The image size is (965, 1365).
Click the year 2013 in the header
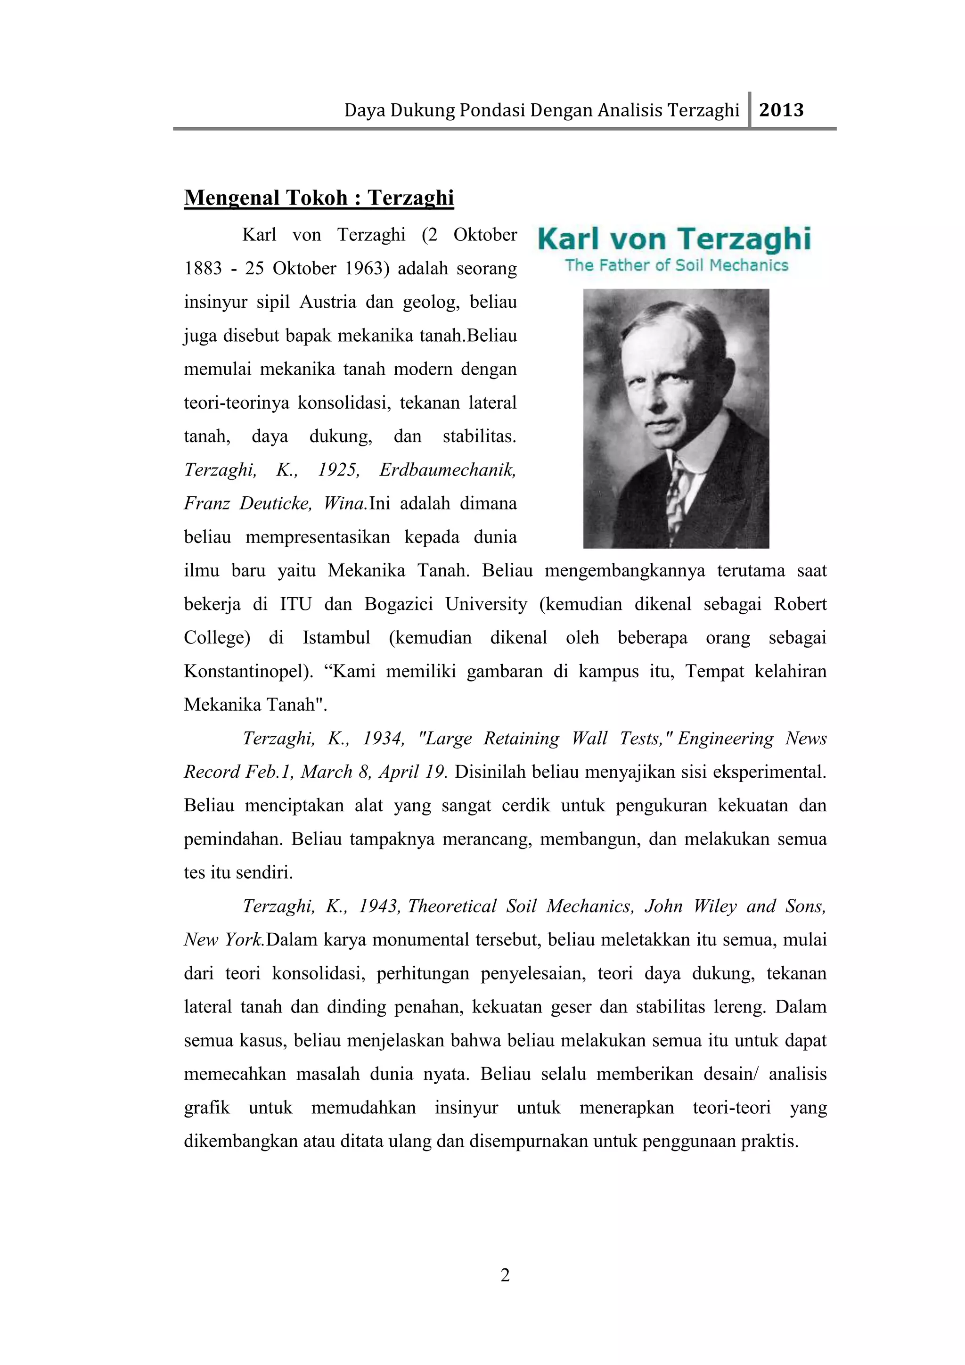click(x=781, y=110)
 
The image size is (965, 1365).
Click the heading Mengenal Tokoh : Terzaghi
click(x=319, y=197)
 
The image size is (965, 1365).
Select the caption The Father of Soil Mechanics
click(x=676, y=265)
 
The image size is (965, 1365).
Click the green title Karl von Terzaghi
click(x=674, y=238)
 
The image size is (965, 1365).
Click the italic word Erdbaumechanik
click(x=448, y=469)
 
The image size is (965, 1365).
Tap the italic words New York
click(x=223, y=940)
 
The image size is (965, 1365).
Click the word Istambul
click(x=336, y=637)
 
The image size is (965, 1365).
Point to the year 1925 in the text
click(x=338, y=469)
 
